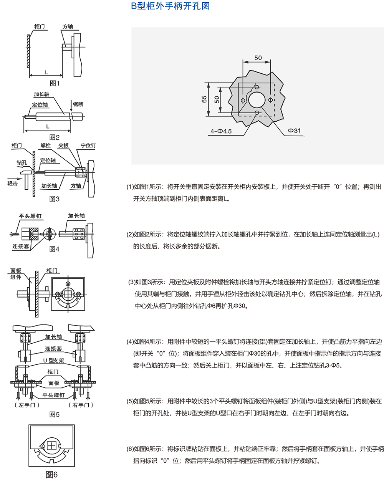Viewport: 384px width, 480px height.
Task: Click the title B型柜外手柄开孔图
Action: pos(170,6)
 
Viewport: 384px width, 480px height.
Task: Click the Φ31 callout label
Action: pos(295,131)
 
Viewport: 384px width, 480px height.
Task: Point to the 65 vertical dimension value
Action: pos(204,99)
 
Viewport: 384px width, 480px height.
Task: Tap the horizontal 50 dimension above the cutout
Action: pos(258,58)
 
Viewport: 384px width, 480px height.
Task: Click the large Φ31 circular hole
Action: pos(256,100)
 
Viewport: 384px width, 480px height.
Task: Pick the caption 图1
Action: pos(55,83)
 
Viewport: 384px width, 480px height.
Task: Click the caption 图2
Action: pos(55,137)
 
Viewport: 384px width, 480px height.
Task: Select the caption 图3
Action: pos(55,199)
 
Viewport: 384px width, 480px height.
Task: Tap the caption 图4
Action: pos(55,249)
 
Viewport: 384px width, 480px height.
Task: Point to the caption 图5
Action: pos(55,414)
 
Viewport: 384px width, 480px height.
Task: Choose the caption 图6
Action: pos(52,475)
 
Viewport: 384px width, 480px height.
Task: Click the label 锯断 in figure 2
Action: pos(78,104)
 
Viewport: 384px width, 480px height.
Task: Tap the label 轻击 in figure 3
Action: pos(13,183)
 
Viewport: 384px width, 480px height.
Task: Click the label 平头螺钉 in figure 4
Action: pos(30,216)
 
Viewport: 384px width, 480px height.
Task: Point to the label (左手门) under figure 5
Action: pos(27,405)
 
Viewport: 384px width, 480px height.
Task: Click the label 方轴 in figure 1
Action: pos(68,26)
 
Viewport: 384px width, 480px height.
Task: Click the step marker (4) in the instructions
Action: pos(130,341)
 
